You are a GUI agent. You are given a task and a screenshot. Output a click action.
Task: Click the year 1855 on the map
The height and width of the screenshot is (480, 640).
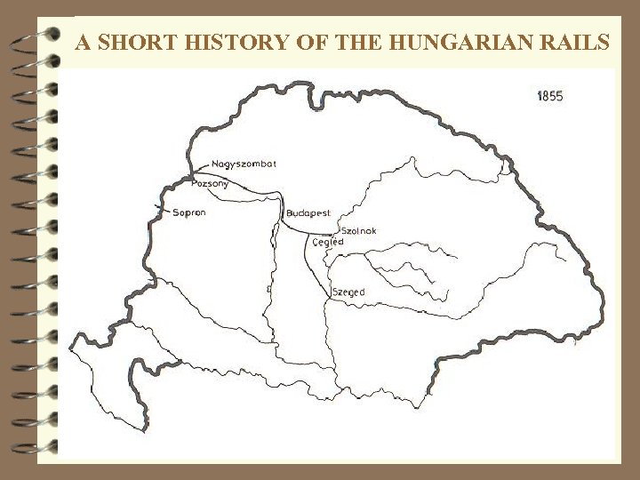549,96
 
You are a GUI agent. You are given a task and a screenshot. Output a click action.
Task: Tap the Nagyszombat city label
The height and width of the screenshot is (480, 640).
244,164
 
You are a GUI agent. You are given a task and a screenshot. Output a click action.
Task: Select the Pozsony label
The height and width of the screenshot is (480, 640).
210,184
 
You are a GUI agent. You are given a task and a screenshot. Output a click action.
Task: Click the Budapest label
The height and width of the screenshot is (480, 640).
308,213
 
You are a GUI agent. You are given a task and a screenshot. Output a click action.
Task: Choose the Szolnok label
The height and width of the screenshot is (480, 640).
358,231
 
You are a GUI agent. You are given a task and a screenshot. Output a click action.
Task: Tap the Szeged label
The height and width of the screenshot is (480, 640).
348,292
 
